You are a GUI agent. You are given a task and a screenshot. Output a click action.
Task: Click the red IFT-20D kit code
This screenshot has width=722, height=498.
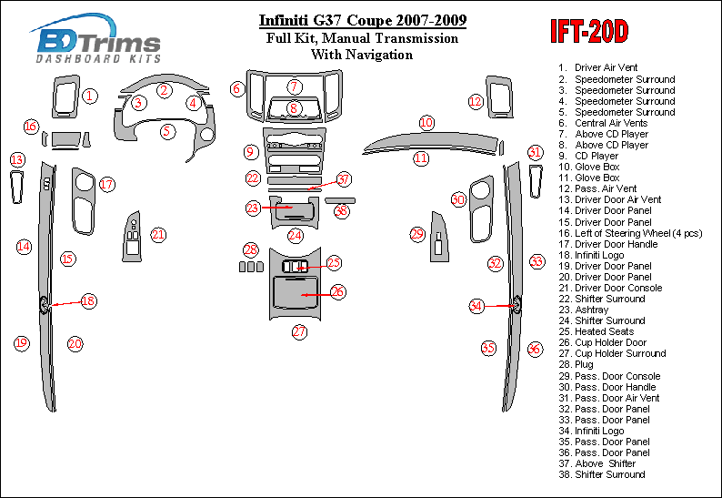(x=588, y=33)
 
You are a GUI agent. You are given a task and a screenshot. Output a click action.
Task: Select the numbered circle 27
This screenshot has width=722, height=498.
(x=299, y=332)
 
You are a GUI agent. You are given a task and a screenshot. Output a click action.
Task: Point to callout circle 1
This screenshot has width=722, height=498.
(x=89, y=95)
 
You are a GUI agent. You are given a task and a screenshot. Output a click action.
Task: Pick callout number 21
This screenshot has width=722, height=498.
(x=158, y=235)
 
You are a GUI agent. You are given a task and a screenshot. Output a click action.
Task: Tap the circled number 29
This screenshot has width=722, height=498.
(x=417, y=235)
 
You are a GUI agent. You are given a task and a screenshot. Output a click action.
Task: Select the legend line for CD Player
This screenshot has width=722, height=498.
(x=597, y=156)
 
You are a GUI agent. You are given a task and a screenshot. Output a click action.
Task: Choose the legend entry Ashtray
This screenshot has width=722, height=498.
(x=592, y=310)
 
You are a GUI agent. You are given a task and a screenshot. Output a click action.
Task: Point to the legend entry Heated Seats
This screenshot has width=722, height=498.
(x=605, y=331)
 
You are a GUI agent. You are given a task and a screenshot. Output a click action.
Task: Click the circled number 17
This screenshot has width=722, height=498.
(x=106, y=185)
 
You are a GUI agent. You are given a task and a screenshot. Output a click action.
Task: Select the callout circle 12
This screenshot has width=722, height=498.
(x=476, y=101)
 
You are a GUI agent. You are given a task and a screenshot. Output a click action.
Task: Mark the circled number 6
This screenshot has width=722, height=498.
(x=237, y=88)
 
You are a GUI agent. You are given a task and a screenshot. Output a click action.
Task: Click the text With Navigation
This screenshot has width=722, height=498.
(x=361, y=55)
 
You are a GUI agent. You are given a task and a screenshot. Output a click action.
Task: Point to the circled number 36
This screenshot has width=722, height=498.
(x=535, y=349)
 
